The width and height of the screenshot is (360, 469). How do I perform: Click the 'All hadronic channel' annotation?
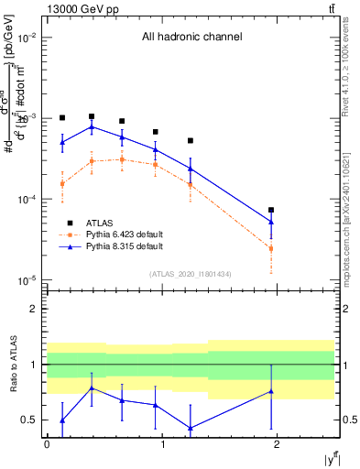[191, 38]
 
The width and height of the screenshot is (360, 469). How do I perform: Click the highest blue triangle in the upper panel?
[92, 127]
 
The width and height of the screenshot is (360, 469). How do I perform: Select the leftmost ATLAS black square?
[62, 118]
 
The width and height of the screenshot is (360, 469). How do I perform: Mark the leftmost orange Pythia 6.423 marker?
[62, 183]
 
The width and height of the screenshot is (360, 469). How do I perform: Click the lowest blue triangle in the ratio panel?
[190, 428]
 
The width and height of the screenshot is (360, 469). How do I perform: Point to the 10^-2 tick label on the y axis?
[28, 38]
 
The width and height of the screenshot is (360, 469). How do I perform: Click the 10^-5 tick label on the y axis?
[28, 280]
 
